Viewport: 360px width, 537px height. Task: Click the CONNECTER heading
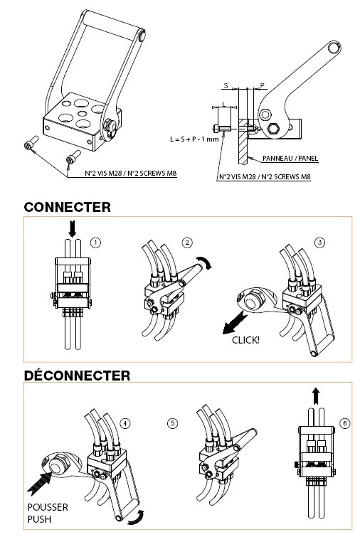coord(67,207)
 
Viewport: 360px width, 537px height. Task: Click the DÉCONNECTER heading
coord(77,376)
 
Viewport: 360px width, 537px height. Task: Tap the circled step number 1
coord(95,243)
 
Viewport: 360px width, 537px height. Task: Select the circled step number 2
coord(187,243)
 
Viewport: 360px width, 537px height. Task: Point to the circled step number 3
coord(319,243)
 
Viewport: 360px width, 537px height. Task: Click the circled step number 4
coord(125,424)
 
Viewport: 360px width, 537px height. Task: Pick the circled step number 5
coord(173,424)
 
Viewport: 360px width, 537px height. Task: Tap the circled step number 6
coord(345,423)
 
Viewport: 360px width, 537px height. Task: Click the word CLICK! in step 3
coord(245,340)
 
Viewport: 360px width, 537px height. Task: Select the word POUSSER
coord(48,507)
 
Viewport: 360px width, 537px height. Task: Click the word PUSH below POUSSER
coord(39,519)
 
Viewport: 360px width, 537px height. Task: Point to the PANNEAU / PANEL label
coord(290,158)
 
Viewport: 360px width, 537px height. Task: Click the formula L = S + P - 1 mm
coord(194,139)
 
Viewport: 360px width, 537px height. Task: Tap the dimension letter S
coord(226,85)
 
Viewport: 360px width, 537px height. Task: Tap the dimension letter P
coord(263,85)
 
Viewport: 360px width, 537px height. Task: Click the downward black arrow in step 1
coord(72,229)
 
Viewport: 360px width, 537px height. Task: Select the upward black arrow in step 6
coord(316,397)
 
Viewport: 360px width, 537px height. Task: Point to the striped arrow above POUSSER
coord(40,483)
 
